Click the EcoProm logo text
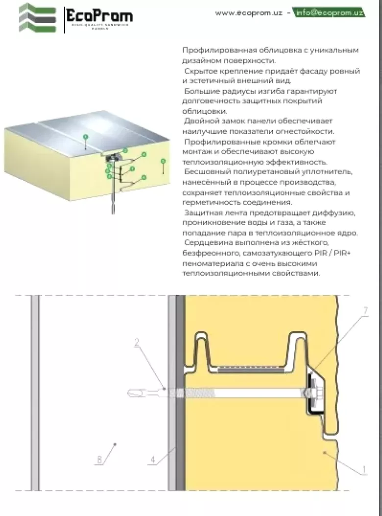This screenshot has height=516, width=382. pos(99,17)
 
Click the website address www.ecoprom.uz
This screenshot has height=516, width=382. pos(249,13)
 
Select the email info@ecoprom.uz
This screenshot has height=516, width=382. pos(329,13)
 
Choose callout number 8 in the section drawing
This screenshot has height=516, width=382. pos(100,459)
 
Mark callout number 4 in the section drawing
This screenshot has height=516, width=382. pos(153,459)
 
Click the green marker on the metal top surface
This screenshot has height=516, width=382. pos(85,138)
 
